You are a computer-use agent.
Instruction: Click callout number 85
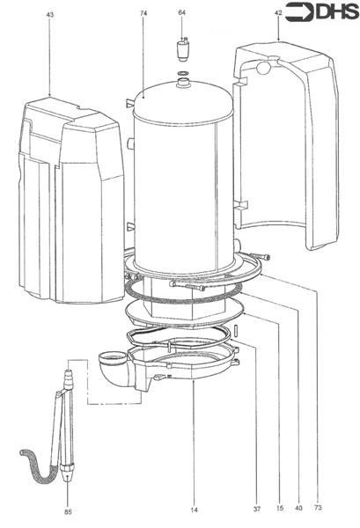pos(68,512)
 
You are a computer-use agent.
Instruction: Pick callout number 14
pos(193,510)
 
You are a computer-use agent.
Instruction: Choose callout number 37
pos(256,510)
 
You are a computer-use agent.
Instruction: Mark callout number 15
pos(278,510)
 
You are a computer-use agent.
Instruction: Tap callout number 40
pos(299,510)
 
